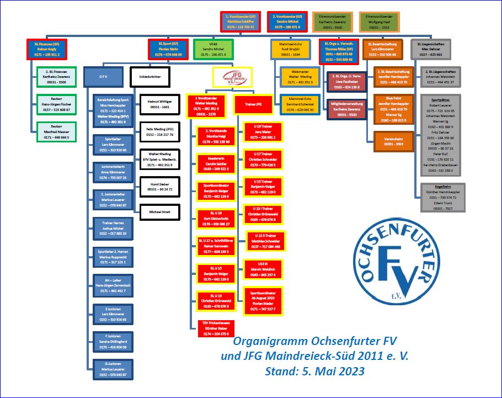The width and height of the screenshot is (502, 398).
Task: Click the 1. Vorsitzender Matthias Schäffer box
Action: click(x=240, y=22)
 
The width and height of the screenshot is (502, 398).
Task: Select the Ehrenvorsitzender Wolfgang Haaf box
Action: click(x=378, y=22)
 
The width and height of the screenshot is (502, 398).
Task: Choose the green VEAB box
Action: click(x=213, y=49)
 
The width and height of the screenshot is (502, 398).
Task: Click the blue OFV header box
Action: click(x=103, y=77)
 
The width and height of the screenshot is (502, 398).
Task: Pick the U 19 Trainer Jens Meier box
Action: click(x=263, y=134)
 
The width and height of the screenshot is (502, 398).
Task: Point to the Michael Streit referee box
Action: click(x=159, y=211)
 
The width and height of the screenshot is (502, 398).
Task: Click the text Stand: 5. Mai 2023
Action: click(x=314, y=370)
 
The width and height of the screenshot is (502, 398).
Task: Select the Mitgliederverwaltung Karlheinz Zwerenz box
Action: click(x=346, y=107)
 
